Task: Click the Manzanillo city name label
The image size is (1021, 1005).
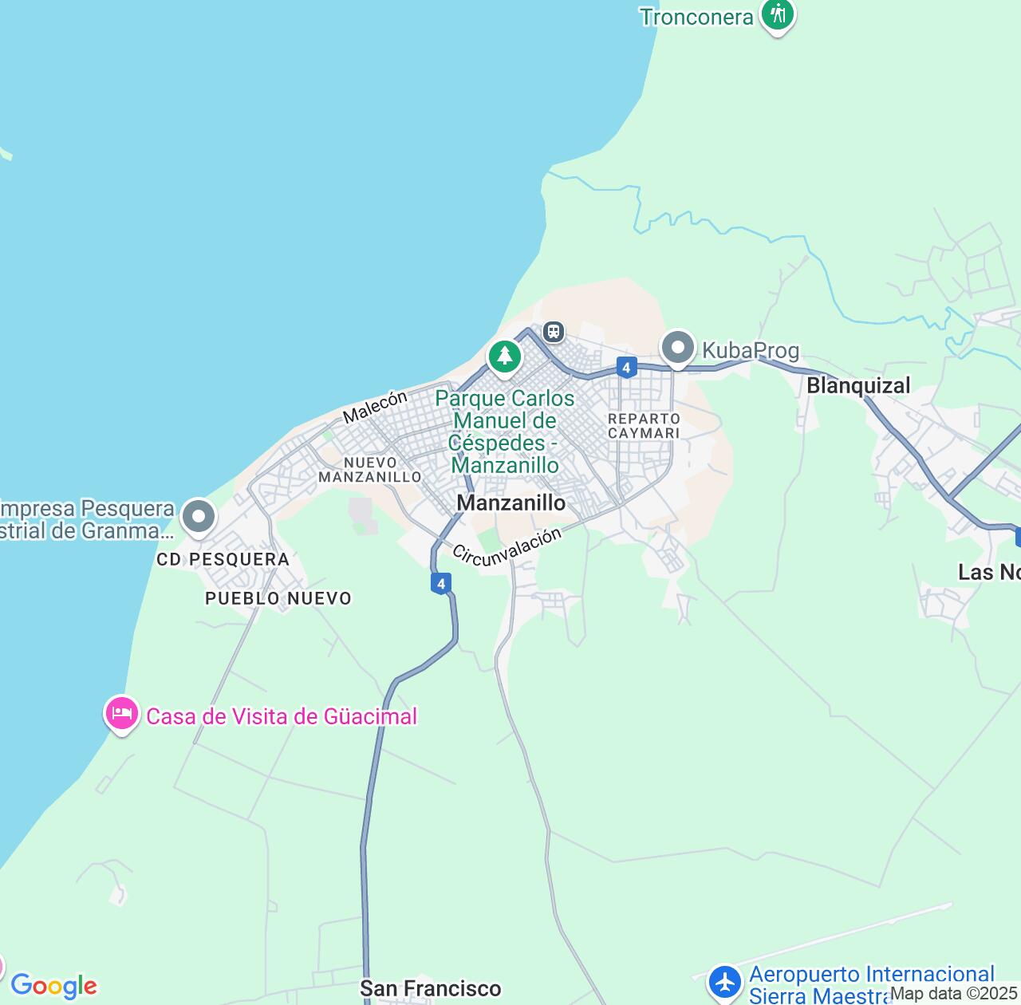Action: tap(511, 503)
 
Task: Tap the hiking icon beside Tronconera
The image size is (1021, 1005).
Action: tap(777, 14)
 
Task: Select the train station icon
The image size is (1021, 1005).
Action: tap(553, 331)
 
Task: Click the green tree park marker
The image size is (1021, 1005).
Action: tap(504, 356)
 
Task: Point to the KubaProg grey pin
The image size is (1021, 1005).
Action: tap(678, 348)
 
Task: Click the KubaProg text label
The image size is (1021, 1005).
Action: tap(751, 350)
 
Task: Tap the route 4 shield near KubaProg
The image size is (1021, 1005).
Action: tap(627, 367)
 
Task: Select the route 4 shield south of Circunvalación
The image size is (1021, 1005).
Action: tap(441, 583)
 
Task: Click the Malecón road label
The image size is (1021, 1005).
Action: tap(375, 406)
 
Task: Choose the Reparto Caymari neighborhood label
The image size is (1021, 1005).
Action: tap(644, 426)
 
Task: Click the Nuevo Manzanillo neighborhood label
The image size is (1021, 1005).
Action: tap(370, 470)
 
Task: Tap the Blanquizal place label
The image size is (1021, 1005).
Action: tap(858, 386)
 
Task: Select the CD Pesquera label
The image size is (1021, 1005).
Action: tap(223, 560)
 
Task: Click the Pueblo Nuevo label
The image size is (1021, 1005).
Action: tap(278, 598)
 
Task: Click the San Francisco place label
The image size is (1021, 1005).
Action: tap(431, 989)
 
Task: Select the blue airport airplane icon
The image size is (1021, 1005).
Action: tap(725, 982)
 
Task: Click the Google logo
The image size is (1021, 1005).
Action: tap(53, 986)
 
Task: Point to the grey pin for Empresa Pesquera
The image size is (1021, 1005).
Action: tap(199, 516)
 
